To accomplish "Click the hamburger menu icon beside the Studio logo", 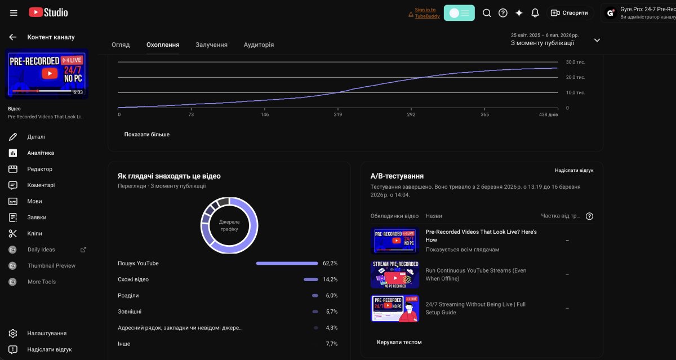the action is coord(14,12).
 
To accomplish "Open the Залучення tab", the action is coord(211,45).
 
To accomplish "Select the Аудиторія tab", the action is coord(259,45).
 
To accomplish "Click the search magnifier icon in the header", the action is coord(487,13).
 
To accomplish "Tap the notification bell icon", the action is coord(535,13).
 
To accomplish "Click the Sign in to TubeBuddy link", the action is coord(427,13).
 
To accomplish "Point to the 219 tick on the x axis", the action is coord(337,114).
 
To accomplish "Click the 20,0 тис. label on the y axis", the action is coord(575,77).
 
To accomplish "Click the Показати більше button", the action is coord(146,134).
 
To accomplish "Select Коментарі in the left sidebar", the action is coord(41,185).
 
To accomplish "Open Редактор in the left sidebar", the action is coord(39,169).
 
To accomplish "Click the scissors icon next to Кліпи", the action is coord(12,233).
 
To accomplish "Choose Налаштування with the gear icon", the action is coord(47,333).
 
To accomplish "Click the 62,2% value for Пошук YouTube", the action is coord(330,263).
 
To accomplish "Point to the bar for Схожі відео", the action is coord(311,279).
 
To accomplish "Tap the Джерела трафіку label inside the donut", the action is coord(229,225).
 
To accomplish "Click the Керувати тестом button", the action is coord(399,342).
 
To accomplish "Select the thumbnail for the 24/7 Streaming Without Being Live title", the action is coord(395,308).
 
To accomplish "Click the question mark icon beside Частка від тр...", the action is coord(589,216).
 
